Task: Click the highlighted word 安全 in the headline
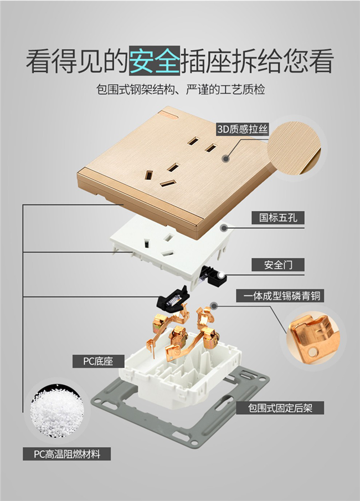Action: [155, 61]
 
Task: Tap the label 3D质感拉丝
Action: [243, 129]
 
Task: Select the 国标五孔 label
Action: [278, 218]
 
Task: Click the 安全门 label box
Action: [278, 265]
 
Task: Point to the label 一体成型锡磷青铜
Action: [280, 295]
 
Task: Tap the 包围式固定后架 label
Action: [280, 408]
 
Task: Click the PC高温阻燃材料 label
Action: [67, 454]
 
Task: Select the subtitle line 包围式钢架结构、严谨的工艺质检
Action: [181, 89]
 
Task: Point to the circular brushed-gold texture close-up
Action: [294, 147]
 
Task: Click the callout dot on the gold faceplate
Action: [226, 159]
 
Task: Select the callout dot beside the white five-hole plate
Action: [224, 228]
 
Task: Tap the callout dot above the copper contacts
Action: [214, 306]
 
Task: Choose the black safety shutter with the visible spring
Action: [172, 299]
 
